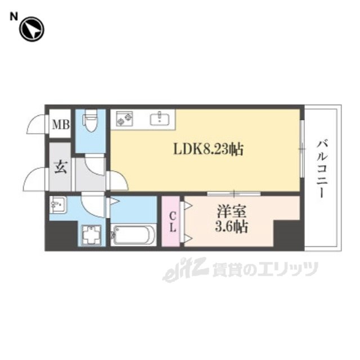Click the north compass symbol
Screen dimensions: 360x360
[x=31, y=29]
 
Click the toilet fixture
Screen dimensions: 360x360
[x=91, y=121]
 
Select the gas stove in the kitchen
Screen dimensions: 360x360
[x=125, y=119]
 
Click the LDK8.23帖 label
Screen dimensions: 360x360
[x=208, y=150]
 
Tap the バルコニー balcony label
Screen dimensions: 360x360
[x=321, y=168]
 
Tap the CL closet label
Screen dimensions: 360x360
[x=173, y=222]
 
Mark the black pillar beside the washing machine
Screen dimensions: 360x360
[x=62, y=236]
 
